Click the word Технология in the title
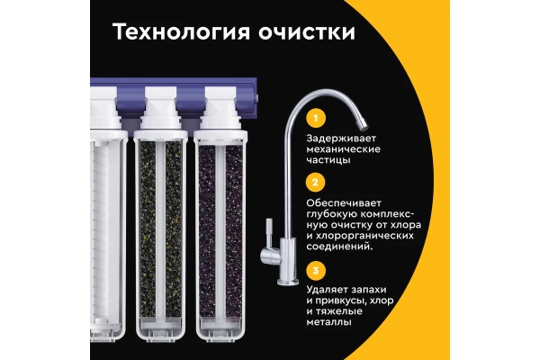[181, 32]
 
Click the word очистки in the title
[307, 32]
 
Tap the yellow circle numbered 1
[316, 118]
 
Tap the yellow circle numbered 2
[316, 182]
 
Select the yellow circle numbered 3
[316, 270]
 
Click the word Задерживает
[341, 139]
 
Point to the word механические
[344, 149]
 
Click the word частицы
[328, 160]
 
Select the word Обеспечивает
[344, 202]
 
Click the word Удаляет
[328, 290]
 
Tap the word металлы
[328, 322]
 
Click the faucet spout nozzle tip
[363, 125]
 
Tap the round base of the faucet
[288, 283]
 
